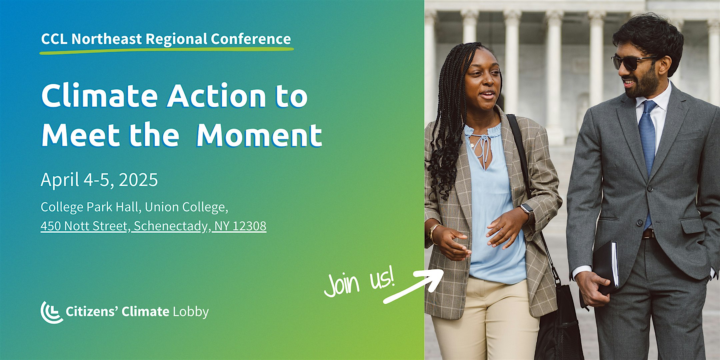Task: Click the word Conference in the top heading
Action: click(250, 39)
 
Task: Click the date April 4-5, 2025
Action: click(99, 180)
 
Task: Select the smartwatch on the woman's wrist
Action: click(527, 209)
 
